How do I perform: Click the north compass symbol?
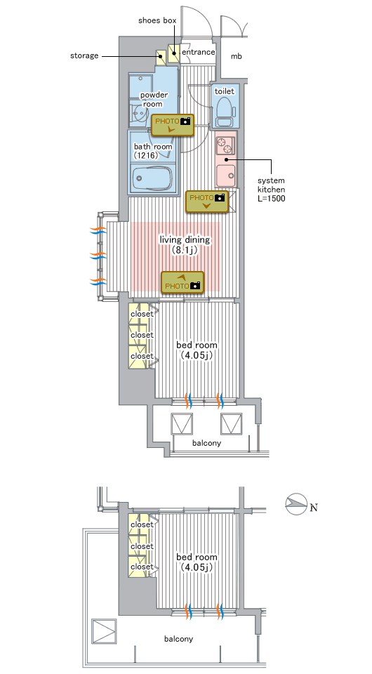[x=296, y=505]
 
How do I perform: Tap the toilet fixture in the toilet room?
[x=225, y=110]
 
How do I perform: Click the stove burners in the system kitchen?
[x=225, y=145]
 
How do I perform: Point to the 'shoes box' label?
[x=157, y=20]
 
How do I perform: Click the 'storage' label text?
[x=84, y=56]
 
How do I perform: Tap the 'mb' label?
[x=237, y=56]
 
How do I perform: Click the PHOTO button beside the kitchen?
[x=206, y=201]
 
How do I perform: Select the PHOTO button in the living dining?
[x=182, y=282]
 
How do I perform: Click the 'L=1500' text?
[x=272, y=199]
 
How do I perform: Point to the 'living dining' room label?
[x=185, y=240]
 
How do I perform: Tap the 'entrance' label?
[x=199, y=52]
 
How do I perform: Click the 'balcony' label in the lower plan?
[x=179, y=639]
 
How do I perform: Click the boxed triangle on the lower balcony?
[x=105, y=631]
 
